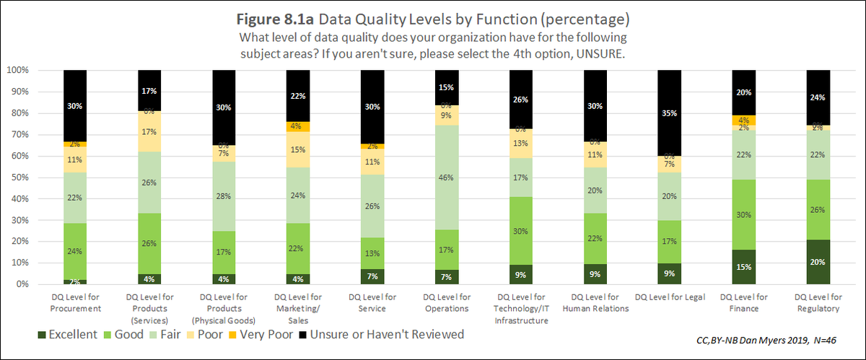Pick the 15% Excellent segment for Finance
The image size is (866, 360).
tap(743, 267)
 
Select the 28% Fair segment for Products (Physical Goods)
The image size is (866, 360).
tap(224, 197)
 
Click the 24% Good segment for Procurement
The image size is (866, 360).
tap(75, 253)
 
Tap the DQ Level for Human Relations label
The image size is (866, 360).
tap(595, 302)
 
